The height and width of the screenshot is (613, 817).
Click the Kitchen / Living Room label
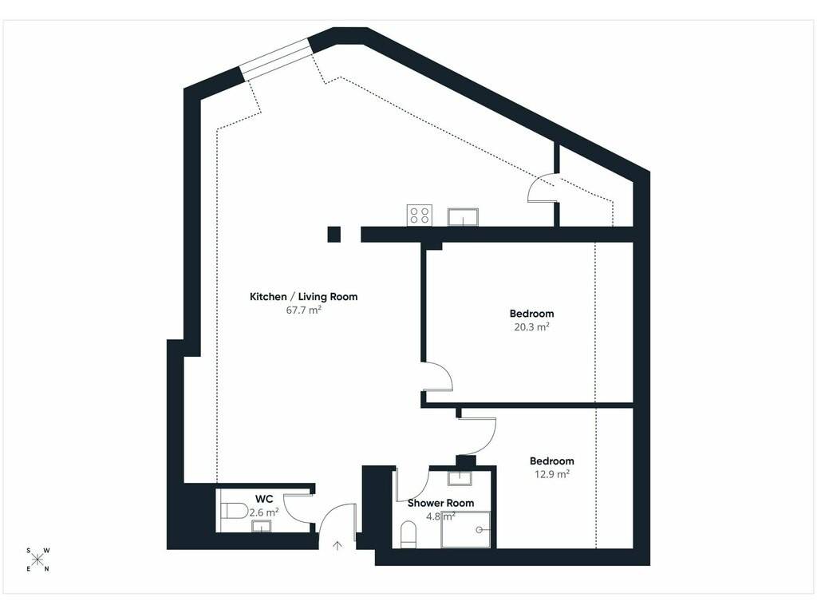[x=304, y=297]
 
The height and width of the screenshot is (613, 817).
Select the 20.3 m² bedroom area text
[x=532, y=326]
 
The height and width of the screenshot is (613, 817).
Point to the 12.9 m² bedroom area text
[x=552, y=474]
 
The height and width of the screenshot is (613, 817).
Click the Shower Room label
[x=440, y=503]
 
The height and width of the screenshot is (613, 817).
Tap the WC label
[x=264, y=499]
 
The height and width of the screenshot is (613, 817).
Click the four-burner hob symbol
[x=420, y=216]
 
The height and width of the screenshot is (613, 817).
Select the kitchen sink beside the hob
[x=463, y=217]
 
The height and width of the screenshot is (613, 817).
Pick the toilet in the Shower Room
[x=408, y=536]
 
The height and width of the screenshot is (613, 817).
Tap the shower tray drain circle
[x=479, y=530]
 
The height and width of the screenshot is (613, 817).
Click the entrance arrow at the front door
[x=337, y=546]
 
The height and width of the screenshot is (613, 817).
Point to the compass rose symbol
[x=37, y=560]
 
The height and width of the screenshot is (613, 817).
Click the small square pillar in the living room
[x=334, y=235]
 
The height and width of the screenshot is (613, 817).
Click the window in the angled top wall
[x=277, y=59]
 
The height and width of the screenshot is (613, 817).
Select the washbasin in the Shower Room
[x=460, y=479]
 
